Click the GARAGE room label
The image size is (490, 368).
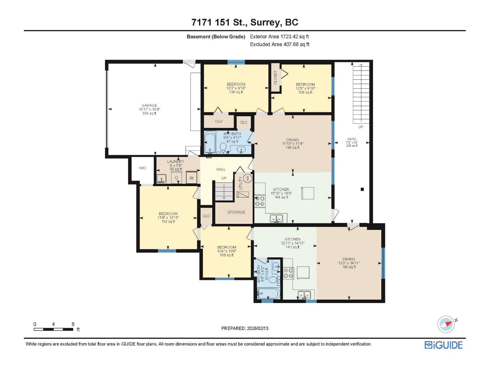coord(149,109)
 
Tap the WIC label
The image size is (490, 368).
coord(143,168)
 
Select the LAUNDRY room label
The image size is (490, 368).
coord(176,165)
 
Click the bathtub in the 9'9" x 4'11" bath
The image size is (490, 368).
coord(210,143)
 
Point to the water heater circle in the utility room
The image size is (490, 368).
coord(248,178)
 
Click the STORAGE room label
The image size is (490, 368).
coord(236,212)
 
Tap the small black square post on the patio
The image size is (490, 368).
coord(362,189)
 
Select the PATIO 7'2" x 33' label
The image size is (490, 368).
coord(352,142)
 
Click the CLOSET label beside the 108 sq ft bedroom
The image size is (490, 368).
coord(275,78)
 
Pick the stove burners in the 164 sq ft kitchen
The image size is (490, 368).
coord(260,201)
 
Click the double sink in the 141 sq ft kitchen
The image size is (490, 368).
coord(304,295)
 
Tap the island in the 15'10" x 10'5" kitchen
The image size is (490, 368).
coord(307,193)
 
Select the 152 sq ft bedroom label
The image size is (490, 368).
coord(168,217)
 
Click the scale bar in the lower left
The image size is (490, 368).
coord(54,329)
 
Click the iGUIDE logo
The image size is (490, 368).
coord(443,345)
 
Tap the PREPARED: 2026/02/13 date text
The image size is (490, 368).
coord(245,328)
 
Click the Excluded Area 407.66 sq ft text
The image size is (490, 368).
coord(280,44)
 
